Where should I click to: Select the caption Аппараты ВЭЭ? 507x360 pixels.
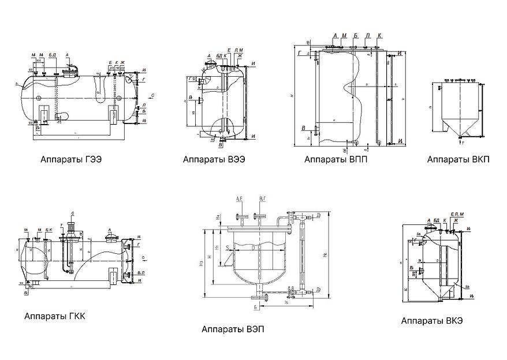(214, 159)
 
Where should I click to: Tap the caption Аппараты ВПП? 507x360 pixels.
(335, 159)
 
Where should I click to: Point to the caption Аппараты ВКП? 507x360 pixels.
(458, 159)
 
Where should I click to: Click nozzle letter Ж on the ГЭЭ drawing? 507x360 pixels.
(122, 62)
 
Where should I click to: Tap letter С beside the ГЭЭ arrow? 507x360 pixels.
(152, 93)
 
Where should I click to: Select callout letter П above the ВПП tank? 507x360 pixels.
(367, 36)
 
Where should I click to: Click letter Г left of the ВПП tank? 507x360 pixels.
(300, 52)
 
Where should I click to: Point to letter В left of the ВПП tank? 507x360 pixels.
(303, 127)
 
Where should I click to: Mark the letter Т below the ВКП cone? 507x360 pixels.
(464, 141)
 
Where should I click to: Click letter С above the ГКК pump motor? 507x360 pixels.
(73, 213)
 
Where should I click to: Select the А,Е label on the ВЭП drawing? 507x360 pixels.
(240, 199)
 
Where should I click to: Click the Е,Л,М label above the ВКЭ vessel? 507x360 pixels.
(457, 215)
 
